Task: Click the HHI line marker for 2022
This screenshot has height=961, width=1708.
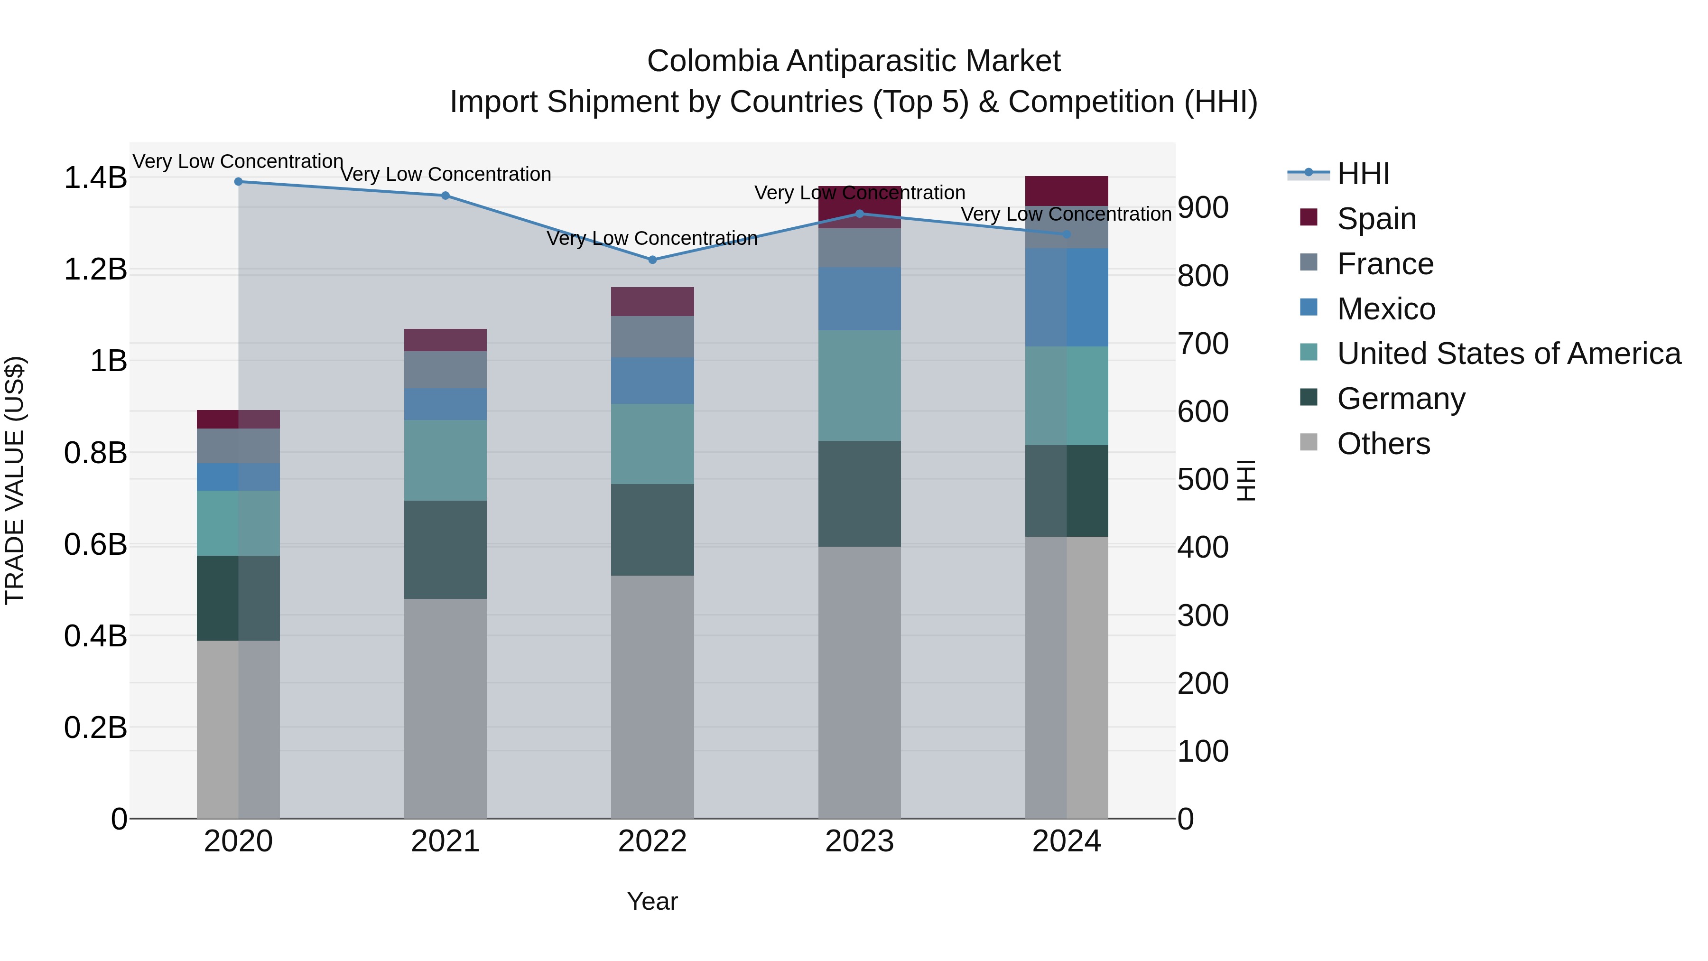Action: coord(652,260)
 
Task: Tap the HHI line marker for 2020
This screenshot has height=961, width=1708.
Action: coord(239,182)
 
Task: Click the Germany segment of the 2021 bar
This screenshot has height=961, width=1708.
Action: coord(446,550)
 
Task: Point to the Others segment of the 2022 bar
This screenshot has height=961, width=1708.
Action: coord(652,696)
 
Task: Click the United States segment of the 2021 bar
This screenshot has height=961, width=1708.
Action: coord(446,460)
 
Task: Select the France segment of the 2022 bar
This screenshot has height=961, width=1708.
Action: coord(652,337)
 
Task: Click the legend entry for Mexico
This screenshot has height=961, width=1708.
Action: coord(1386,309)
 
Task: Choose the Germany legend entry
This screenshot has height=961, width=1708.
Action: coord(1401,399)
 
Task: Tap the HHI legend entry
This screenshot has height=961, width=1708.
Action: coord(1363,174)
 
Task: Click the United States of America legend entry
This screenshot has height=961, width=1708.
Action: coord(1508,354)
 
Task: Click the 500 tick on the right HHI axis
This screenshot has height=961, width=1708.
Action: coord(1203,479)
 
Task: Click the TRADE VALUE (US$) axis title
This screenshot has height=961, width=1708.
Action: coord(15,480)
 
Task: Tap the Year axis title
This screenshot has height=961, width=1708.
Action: coord(652,901)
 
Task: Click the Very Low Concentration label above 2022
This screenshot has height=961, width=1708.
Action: coord(652,238)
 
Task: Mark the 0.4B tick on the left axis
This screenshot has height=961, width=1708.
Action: coord(95,636)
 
